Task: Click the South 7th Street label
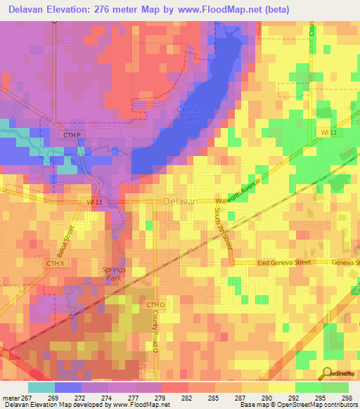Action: coord(223,227)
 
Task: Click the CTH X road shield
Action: coord(56,263)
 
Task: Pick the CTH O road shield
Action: coord(155,304)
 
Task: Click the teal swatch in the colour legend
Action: coord(41,387)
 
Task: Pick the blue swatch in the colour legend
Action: coord(68,387)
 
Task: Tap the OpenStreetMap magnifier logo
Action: coord(328,373)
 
